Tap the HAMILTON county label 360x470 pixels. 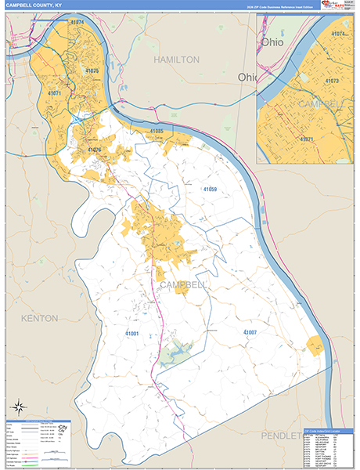pos(176,60)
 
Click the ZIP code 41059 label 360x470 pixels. pos(210,190)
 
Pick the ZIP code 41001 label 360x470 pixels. pos(131,334)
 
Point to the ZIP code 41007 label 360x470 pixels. pos(250,333)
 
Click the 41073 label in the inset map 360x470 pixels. pos(332,81)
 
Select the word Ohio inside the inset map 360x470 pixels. pos(273,42)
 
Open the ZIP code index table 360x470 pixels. pos(326,447)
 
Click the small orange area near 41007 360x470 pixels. pos(315,345)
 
